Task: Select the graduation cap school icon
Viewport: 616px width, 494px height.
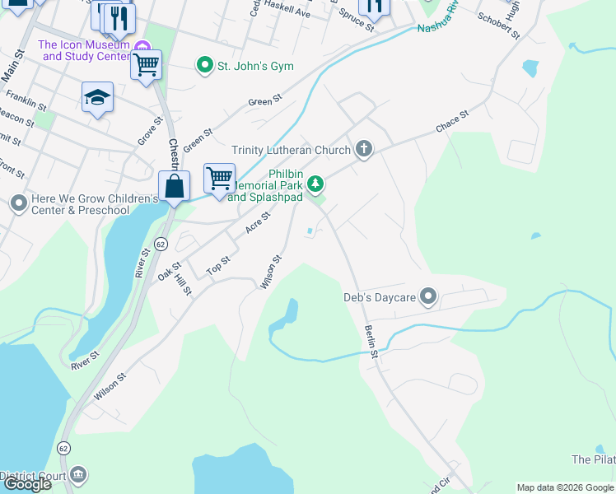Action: tap(97, 97)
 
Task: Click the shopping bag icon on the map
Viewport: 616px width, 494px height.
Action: tap(175, 185)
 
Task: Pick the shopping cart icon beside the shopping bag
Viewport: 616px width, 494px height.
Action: tap(219, 177)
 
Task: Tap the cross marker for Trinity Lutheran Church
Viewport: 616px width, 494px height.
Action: tap(364, 149)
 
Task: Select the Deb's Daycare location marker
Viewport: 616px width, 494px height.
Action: tap(427, 296)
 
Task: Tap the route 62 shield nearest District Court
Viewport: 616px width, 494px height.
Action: tap(63, 448)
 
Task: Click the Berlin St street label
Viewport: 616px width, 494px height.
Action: tap(371, 341)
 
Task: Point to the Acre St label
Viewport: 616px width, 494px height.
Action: tap(258, 222)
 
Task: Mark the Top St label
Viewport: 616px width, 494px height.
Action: tap(218, 265)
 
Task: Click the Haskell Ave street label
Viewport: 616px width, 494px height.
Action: tap(291, 12)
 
